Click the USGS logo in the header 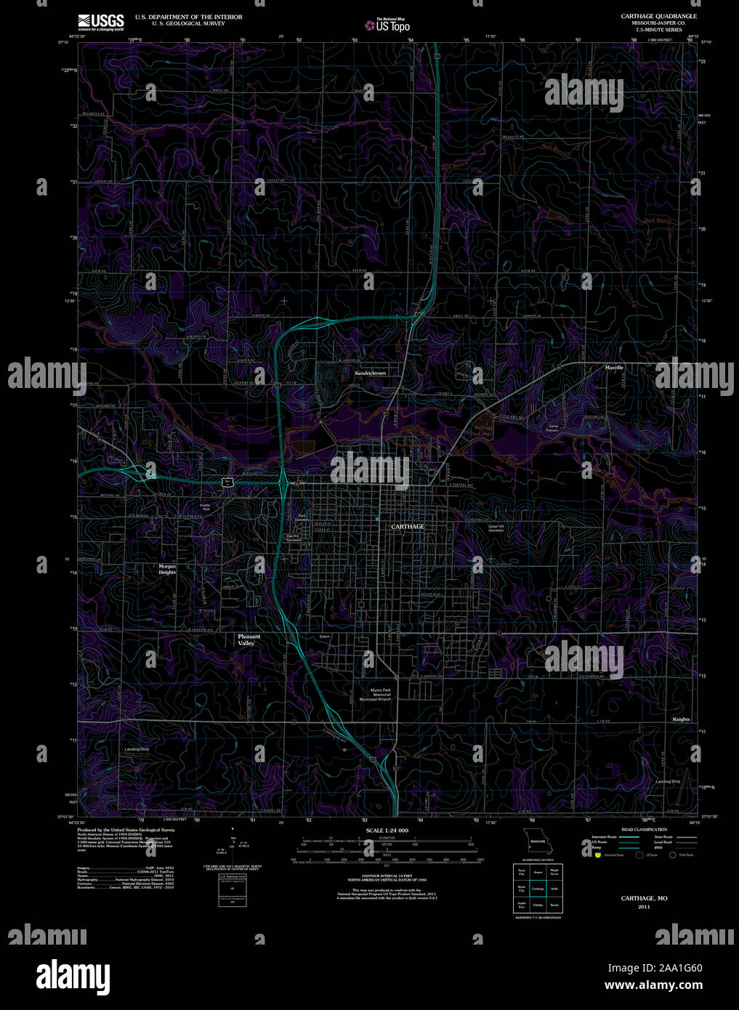[100, 21]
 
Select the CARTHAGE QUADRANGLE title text [658, 16]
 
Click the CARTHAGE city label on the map [407, 526]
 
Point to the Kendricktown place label [371, 373]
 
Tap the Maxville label [614, 368]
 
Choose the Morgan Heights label [167, 569]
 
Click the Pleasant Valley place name [249, 639]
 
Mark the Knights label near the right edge [681, 719]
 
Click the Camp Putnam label [553, 429]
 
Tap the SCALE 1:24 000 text [387, 830]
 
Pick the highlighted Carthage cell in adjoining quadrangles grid [538, 888]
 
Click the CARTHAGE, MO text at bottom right [644, 898]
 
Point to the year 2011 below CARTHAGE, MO [644, 907]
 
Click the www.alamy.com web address [653, 986]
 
